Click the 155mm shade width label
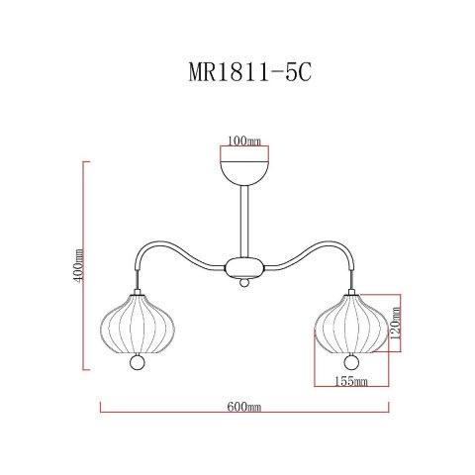pyautogui.click(x=350, y=380)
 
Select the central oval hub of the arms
pyautogui.click(x=242, y=266)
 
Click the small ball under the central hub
pyautogui.click(x=242, y=285)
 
